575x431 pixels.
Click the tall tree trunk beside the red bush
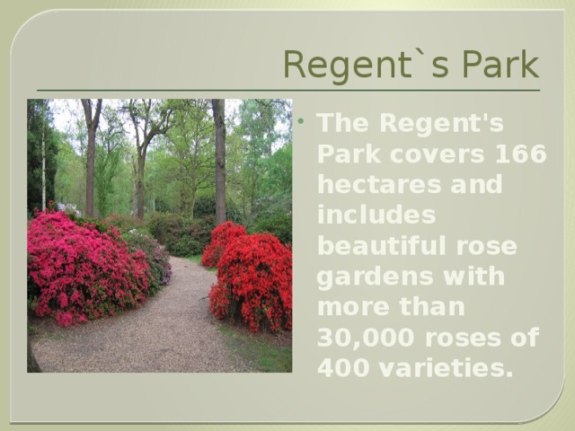click(x=219, y=162)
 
